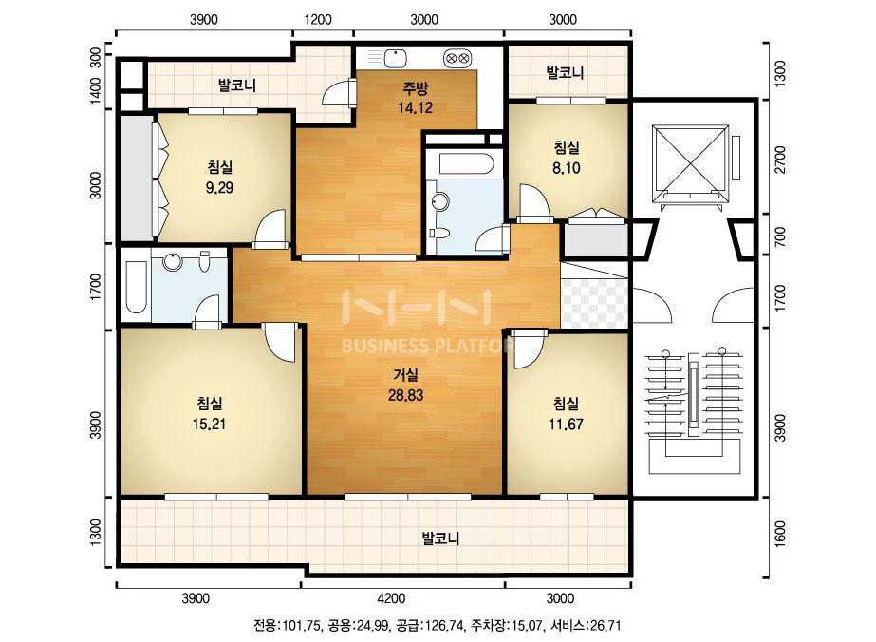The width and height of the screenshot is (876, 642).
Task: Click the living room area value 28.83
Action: pos(405,395)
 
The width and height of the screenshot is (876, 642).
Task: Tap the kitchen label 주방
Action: pos(415,87)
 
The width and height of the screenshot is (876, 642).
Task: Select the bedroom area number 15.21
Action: pos(209,424)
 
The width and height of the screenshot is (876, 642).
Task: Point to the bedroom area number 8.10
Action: pos(566,168)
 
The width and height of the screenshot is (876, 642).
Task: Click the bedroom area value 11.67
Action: pos(566,425)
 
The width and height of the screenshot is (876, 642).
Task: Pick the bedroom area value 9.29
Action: pos(219,188)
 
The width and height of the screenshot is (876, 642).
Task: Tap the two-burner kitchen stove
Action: pos(458,58)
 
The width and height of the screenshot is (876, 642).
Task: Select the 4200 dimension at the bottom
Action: pos(391,599)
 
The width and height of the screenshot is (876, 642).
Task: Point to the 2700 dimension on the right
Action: pos(780,160)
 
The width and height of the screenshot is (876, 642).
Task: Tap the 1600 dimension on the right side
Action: pos(780,534)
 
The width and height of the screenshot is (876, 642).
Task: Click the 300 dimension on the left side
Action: pos(96,58)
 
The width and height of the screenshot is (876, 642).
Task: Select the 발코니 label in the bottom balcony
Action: pos(440,539)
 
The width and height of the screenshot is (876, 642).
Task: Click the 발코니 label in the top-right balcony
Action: pos(565,72)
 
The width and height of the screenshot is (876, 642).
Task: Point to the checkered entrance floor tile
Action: pos(594,303)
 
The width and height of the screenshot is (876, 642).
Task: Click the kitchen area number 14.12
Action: pos(415,107)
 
